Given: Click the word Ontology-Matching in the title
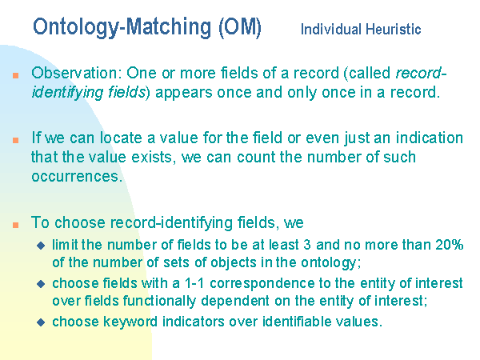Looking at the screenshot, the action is tap(122, 27).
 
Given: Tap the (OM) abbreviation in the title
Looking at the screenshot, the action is tap(240, 27).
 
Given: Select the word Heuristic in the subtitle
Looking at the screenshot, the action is tap(394, 30).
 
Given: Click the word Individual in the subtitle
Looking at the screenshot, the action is tap(331, 30).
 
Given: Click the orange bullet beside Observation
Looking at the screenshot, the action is tap(16, 75).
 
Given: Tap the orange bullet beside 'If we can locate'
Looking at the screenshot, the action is tap(16, 140).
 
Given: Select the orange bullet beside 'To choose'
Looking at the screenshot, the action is tap(16, 225).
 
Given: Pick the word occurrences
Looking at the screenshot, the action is tap(77, 177).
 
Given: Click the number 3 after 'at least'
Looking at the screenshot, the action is tap(307, 245).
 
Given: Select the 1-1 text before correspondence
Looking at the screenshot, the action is tap(194, 283).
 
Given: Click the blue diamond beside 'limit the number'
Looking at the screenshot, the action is tap(41, 246).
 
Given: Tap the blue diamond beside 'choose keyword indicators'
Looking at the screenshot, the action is tap(41, 322).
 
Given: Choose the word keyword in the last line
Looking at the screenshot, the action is tap(130, 322).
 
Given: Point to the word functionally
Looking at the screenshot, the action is tap(159, 301).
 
